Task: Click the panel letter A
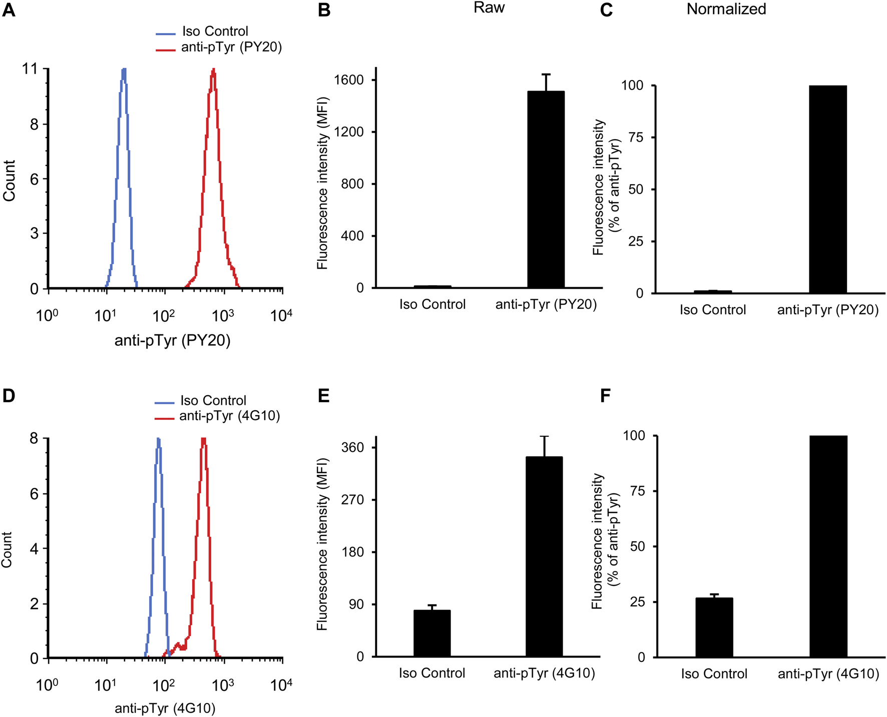(9, 10)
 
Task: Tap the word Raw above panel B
(489, 8)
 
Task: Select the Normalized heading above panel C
(726, 9)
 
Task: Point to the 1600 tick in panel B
(352, 80)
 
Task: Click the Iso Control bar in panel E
(432, 633)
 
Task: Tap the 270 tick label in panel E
(353, 500)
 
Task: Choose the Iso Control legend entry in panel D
(213, 401)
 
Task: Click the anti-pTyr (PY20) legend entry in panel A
(231, 47)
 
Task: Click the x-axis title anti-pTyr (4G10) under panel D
(165, 708)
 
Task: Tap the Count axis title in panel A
(9, 181)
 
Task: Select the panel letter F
(605, 396)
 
